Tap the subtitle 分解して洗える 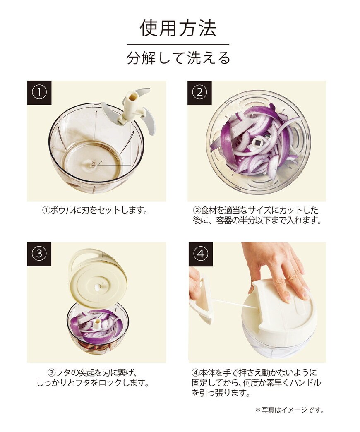(178, 58)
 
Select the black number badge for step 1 (39, 93)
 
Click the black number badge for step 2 (199, 93)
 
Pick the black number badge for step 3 (39, 254)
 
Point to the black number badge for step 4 (201, 254)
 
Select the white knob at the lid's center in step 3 (98, 287)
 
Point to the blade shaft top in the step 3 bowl (98, 323)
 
